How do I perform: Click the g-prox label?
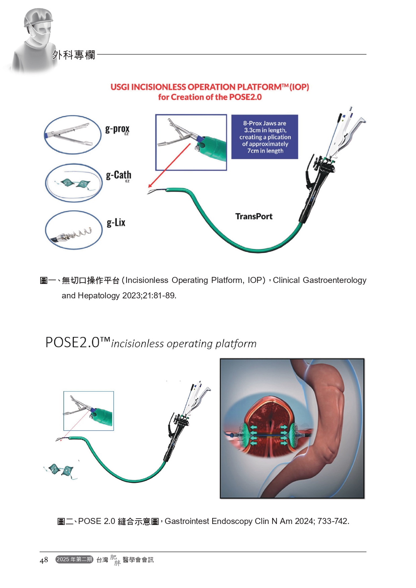[117, 129]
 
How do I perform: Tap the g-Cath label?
[118, 175]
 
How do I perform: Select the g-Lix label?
[116, 223]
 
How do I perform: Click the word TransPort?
[254, 217]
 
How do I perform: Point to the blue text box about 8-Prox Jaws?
[264, 137]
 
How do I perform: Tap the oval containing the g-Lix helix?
[73, 230]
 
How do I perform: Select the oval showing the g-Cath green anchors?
[73, 183]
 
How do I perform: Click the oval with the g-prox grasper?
[72, 135]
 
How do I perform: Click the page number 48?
[44, 560]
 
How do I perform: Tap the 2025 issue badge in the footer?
[74, 560]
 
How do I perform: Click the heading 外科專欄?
[73, 55]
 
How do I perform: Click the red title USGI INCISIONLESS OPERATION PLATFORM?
[210, 87]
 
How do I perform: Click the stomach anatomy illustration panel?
[292, 428]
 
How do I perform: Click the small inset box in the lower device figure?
[88, 411]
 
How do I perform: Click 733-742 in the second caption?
[333, 521]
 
